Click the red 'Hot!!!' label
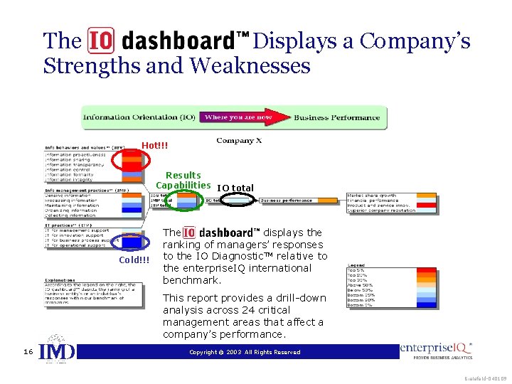click(154, 145)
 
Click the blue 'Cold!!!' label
click(134, 260)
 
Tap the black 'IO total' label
click(235, 188)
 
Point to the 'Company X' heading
click(239, 141)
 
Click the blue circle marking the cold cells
click(134, 242)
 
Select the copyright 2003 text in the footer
click(245, 352)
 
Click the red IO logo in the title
click(101, 42)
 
